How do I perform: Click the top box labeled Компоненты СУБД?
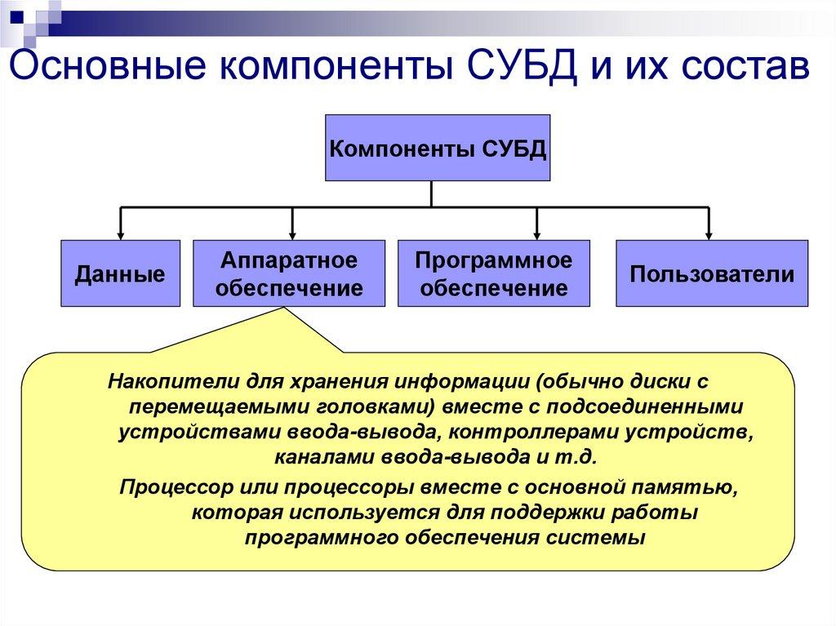point(438,148)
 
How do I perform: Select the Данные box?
point(120,273)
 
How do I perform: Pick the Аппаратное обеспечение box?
point(289,273)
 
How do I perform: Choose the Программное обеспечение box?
point(493,273)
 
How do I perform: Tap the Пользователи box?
point(711,273)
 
